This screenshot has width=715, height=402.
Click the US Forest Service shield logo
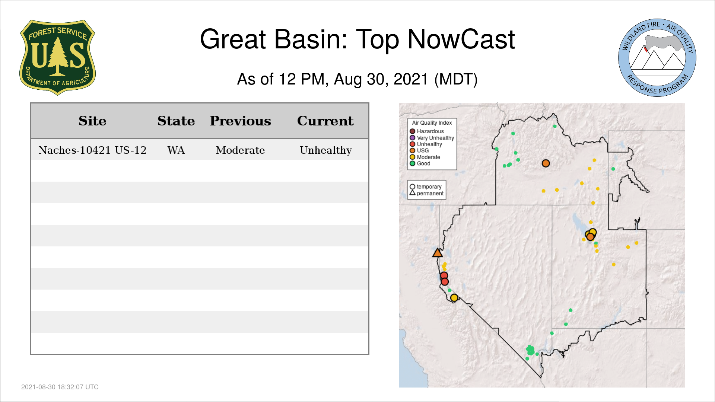coord(57,57)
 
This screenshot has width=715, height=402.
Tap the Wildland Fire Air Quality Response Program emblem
coord(657,58)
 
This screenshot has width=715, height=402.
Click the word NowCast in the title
coord(461,39)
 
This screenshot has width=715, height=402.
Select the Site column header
coord(92,121)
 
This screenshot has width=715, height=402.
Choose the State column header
coord(176,121)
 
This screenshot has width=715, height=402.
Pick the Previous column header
coord(240,121)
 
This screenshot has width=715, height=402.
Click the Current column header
coord(325,121)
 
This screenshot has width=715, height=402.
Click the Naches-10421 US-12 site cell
coord(92,150)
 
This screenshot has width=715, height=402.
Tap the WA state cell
coord(176,150)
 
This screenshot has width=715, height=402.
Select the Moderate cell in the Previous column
coord(240,150)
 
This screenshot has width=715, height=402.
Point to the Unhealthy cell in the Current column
coord(326,150)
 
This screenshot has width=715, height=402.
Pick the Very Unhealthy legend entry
coord(432,138)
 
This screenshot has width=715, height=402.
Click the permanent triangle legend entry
coord(427,193)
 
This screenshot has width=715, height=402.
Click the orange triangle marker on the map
coord(438,253)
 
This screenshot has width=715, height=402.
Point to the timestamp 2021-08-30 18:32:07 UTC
coord(60,387)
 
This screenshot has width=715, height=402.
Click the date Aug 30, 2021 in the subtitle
coord(381,79)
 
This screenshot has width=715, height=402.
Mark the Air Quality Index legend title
coord(432,123)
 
